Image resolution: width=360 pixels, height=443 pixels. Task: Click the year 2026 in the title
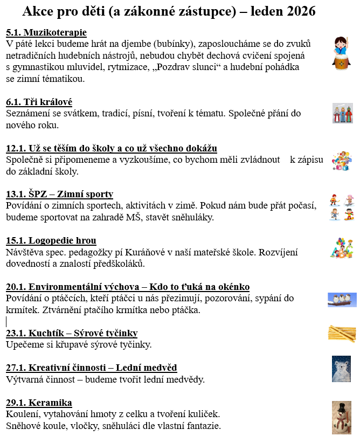pyautogui.click(x=297, y=11)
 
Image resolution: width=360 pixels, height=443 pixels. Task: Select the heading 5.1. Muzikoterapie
pyautogui.click(x=46, y=32)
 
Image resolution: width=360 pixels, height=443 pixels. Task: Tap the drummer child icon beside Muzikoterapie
pyautogui.click(x=340, y=53)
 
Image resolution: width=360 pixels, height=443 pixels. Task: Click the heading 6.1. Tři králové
pyautogui.click(x=39, y=102)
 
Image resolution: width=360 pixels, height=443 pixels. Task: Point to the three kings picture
pyautogui.click(x=342, y=114)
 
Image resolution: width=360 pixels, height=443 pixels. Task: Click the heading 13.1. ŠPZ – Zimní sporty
pyautogui.click(x=59, y=194)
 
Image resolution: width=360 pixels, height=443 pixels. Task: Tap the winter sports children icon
pyautogui.click(x=342, y=207)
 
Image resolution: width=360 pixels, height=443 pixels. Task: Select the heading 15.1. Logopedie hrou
pyautogui.click(x=51, y=240)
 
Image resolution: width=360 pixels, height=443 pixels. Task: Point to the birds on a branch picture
pyautogui.click(x=342, y=300)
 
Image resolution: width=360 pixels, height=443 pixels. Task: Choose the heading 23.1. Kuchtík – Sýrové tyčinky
pyautogui.click(x=72, y=333)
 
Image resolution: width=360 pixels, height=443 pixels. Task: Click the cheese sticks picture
pyautogui.click(x=342, y=333)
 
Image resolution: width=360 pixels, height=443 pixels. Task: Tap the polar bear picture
pyautogui.click(x=341, y=369)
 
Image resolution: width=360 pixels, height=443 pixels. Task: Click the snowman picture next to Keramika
pyautogui.click(x=341, y=417)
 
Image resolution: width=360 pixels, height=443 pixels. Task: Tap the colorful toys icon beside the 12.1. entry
pyautogui.click(x=342, y=161)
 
